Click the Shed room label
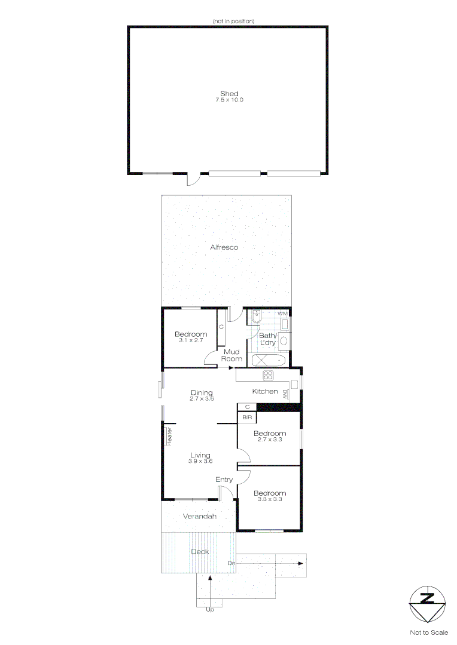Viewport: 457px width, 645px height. (229, 94)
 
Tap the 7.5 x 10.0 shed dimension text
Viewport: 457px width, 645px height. (229, 100)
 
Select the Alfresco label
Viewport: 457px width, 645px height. (224, 247)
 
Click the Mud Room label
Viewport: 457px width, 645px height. (232, 355)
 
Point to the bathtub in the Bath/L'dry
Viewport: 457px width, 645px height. (269, 361)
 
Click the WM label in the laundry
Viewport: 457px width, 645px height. (282, 313)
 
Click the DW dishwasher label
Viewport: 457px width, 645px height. (285, 394)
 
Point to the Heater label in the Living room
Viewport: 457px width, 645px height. (169, 435)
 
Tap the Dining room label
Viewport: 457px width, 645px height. (202, 392)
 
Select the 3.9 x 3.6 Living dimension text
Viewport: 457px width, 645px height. (200, 461)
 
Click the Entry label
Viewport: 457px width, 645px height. (224, 480)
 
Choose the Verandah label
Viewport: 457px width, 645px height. (200, 516)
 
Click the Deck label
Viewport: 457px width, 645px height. (200, 551)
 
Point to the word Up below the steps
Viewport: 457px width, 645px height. (209, 610)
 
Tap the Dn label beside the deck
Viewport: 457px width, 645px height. (231, 563)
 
